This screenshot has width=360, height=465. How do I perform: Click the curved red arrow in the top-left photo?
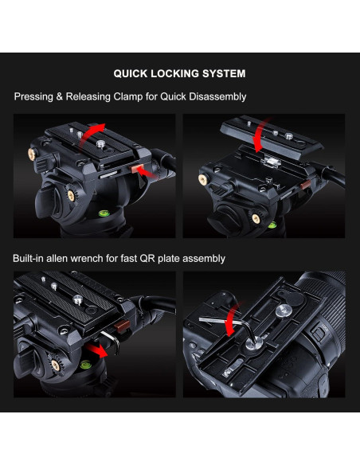[91, 135]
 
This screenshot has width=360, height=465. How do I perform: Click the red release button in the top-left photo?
[137, 169]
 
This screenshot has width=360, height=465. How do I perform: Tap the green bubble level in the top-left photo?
[104, 213]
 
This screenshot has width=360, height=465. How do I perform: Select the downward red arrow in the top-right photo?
[261, 135]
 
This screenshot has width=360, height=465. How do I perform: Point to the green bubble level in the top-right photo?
[272, 225]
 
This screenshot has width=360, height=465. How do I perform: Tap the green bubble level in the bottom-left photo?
[86, 365]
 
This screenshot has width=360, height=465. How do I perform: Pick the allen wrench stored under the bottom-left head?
[111, 342]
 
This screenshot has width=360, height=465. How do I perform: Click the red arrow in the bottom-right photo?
[232, 320]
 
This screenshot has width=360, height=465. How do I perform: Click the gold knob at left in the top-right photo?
[203, 179]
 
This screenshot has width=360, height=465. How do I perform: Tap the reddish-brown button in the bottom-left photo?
[122, 326]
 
